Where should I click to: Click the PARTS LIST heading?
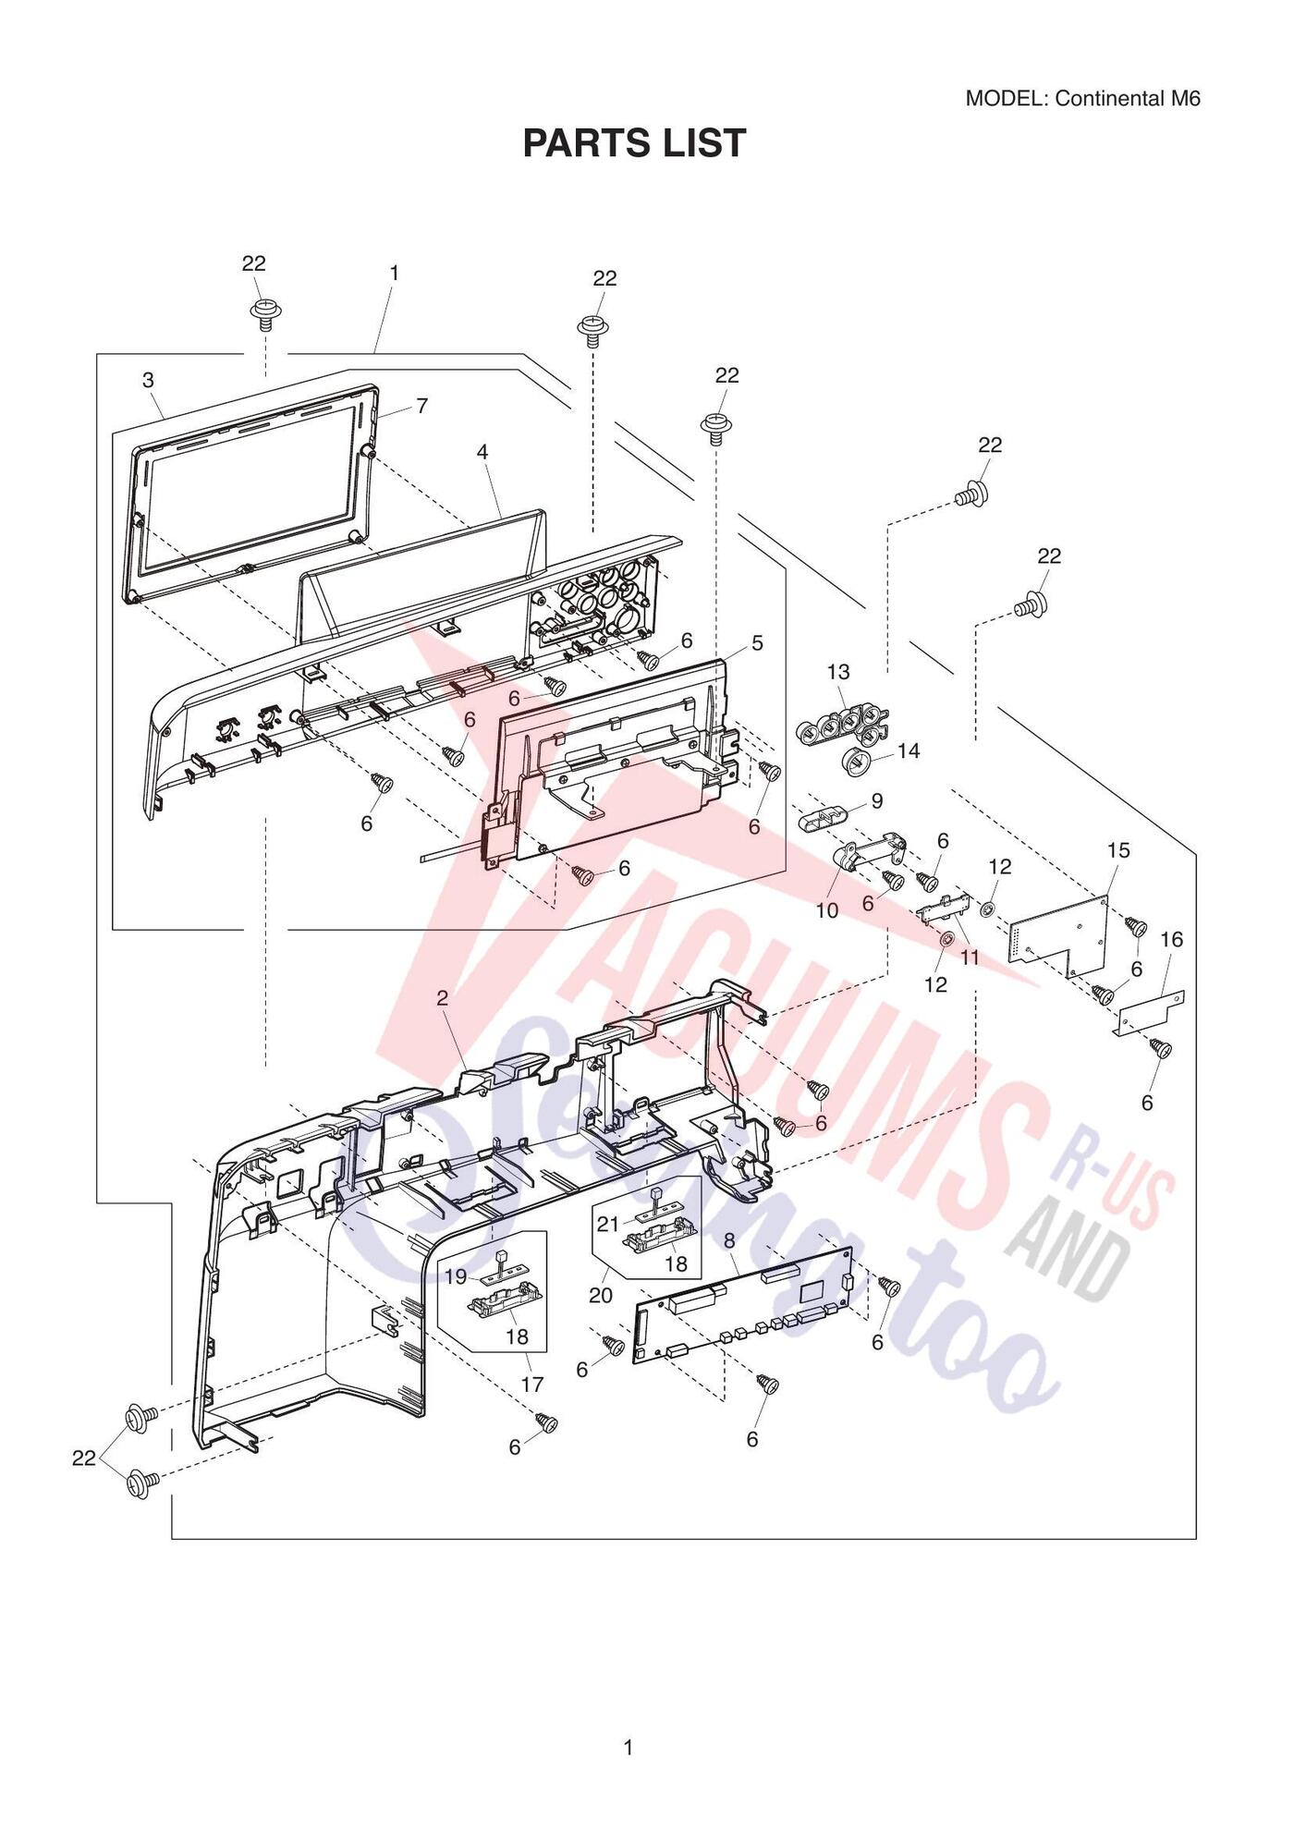[634, 143]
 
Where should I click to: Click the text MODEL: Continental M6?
[1082, 99]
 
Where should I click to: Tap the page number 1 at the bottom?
[629, 1748]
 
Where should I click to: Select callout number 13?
[838, 671]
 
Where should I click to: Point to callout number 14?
[909, 750]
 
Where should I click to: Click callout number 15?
[1118, 849]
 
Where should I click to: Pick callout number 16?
[1171, 939]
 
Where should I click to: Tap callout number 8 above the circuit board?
[729, 1239]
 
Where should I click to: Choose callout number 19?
[456, 1276]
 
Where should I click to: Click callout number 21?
[607, 1224]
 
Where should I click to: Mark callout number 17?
[532, 1384]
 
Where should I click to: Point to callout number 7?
[421, 405]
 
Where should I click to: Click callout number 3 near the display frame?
[148, 380]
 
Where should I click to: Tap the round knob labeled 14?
[859, 762]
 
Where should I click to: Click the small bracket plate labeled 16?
[1149, 1013]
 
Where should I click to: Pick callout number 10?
[826, 910]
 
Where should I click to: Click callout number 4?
[482, 452]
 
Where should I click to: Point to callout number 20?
[601, 1295]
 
